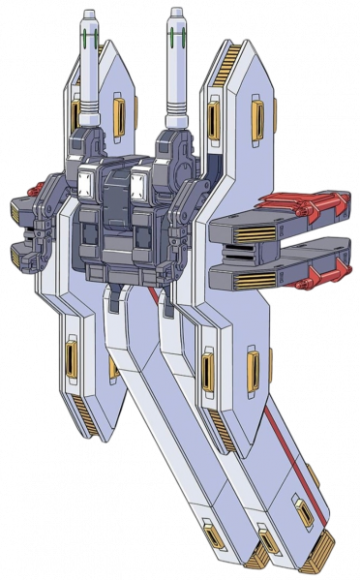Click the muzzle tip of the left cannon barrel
click(x=88, y=14)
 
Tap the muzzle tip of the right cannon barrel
click(x=176, y=14)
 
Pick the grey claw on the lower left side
click(x=21, y=257)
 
